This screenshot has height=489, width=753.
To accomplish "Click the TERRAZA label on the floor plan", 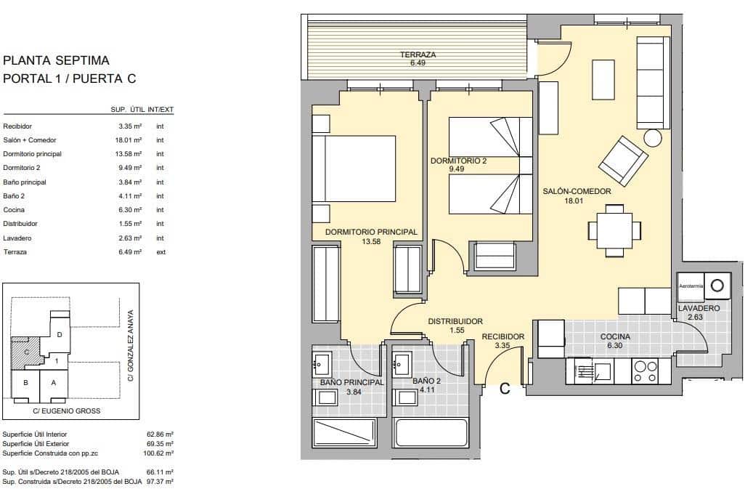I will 418,55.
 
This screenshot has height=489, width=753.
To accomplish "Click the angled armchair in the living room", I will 624,161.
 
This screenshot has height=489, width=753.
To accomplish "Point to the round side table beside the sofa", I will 653,137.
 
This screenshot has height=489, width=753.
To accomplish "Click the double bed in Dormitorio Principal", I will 354,169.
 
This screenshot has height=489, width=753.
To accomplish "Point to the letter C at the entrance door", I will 505,389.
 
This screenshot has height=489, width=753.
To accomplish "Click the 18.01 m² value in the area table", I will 130,140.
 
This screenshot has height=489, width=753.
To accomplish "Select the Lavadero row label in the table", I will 16,238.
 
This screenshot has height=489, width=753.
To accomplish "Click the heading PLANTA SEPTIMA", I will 56,60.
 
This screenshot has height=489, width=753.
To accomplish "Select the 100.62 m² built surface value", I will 160,453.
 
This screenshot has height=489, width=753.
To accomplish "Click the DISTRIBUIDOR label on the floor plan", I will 455,321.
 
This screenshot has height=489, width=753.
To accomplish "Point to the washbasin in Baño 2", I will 402,360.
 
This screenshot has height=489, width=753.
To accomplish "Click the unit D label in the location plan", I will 60,334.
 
